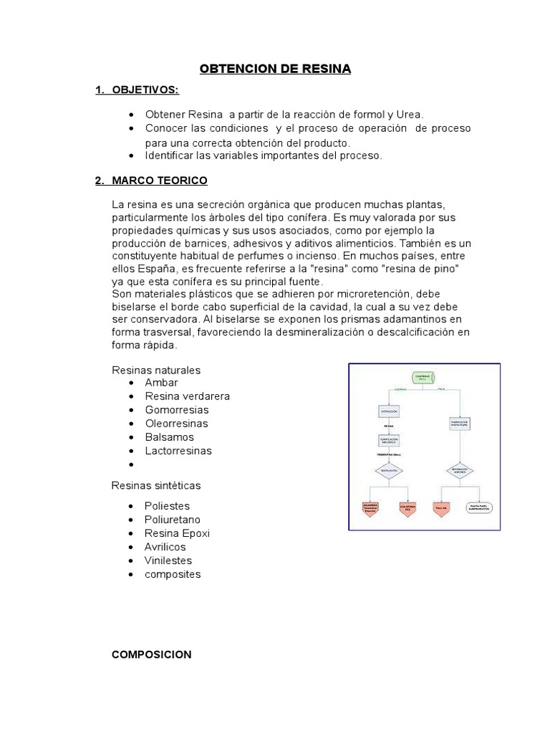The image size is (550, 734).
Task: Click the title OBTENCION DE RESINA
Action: pos(275,69)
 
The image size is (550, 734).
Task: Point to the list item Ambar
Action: pos(161,383)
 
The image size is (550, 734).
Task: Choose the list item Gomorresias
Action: pos(177,410)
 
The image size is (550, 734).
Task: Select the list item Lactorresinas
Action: pos(178,451)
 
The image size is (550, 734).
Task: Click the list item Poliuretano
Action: pos(173,520)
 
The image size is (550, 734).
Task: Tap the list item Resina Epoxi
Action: pos(177,533)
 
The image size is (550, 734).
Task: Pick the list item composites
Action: pos(173,574)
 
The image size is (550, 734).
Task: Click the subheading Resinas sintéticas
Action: pos(156,485)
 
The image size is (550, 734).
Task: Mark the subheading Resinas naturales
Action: pos(156,370)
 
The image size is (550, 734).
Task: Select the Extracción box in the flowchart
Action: pos(389,411)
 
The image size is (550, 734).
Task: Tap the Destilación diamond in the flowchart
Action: pos(389,471)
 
